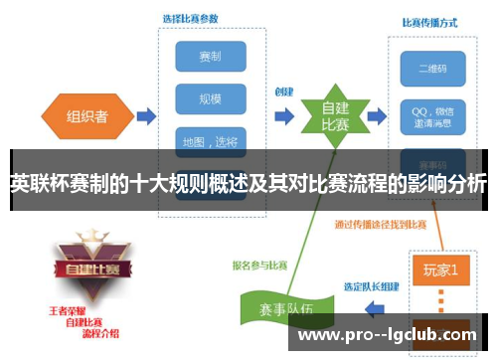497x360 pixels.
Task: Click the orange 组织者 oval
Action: tap(87, 114)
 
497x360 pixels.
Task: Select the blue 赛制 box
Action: tap(210, 56)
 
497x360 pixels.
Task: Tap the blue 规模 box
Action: tap(210, 97)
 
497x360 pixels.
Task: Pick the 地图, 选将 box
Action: tap(210, 140)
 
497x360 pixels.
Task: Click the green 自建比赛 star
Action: tap(334, 115)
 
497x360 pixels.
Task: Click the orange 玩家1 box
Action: tap(440, 270)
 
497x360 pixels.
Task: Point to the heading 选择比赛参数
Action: tap(193, 18)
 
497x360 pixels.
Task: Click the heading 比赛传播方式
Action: tap(429, 22)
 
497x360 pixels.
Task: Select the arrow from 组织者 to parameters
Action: tap(145, 116)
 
